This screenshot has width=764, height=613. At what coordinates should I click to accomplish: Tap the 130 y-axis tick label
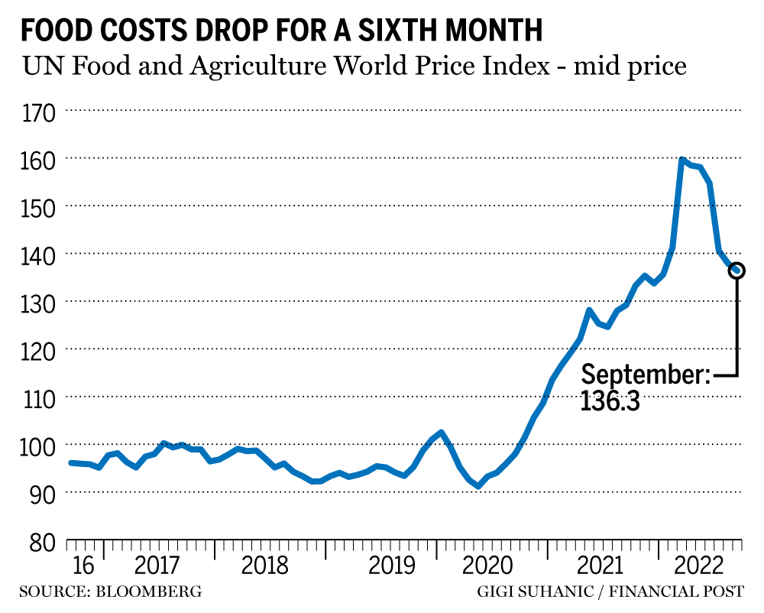(38, 303)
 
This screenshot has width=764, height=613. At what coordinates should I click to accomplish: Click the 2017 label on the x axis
(157, 566)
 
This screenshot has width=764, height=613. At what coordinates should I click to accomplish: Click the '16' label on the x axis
(83, 566)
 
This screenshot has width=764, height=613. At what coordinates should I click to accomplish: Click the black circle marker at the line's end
(737, 271)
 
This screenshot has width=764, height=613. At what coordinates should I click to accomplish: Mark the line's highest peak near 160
(681, 161)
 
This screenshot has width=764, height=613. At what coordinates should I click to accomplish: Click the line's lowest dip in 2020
(478, 486)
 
